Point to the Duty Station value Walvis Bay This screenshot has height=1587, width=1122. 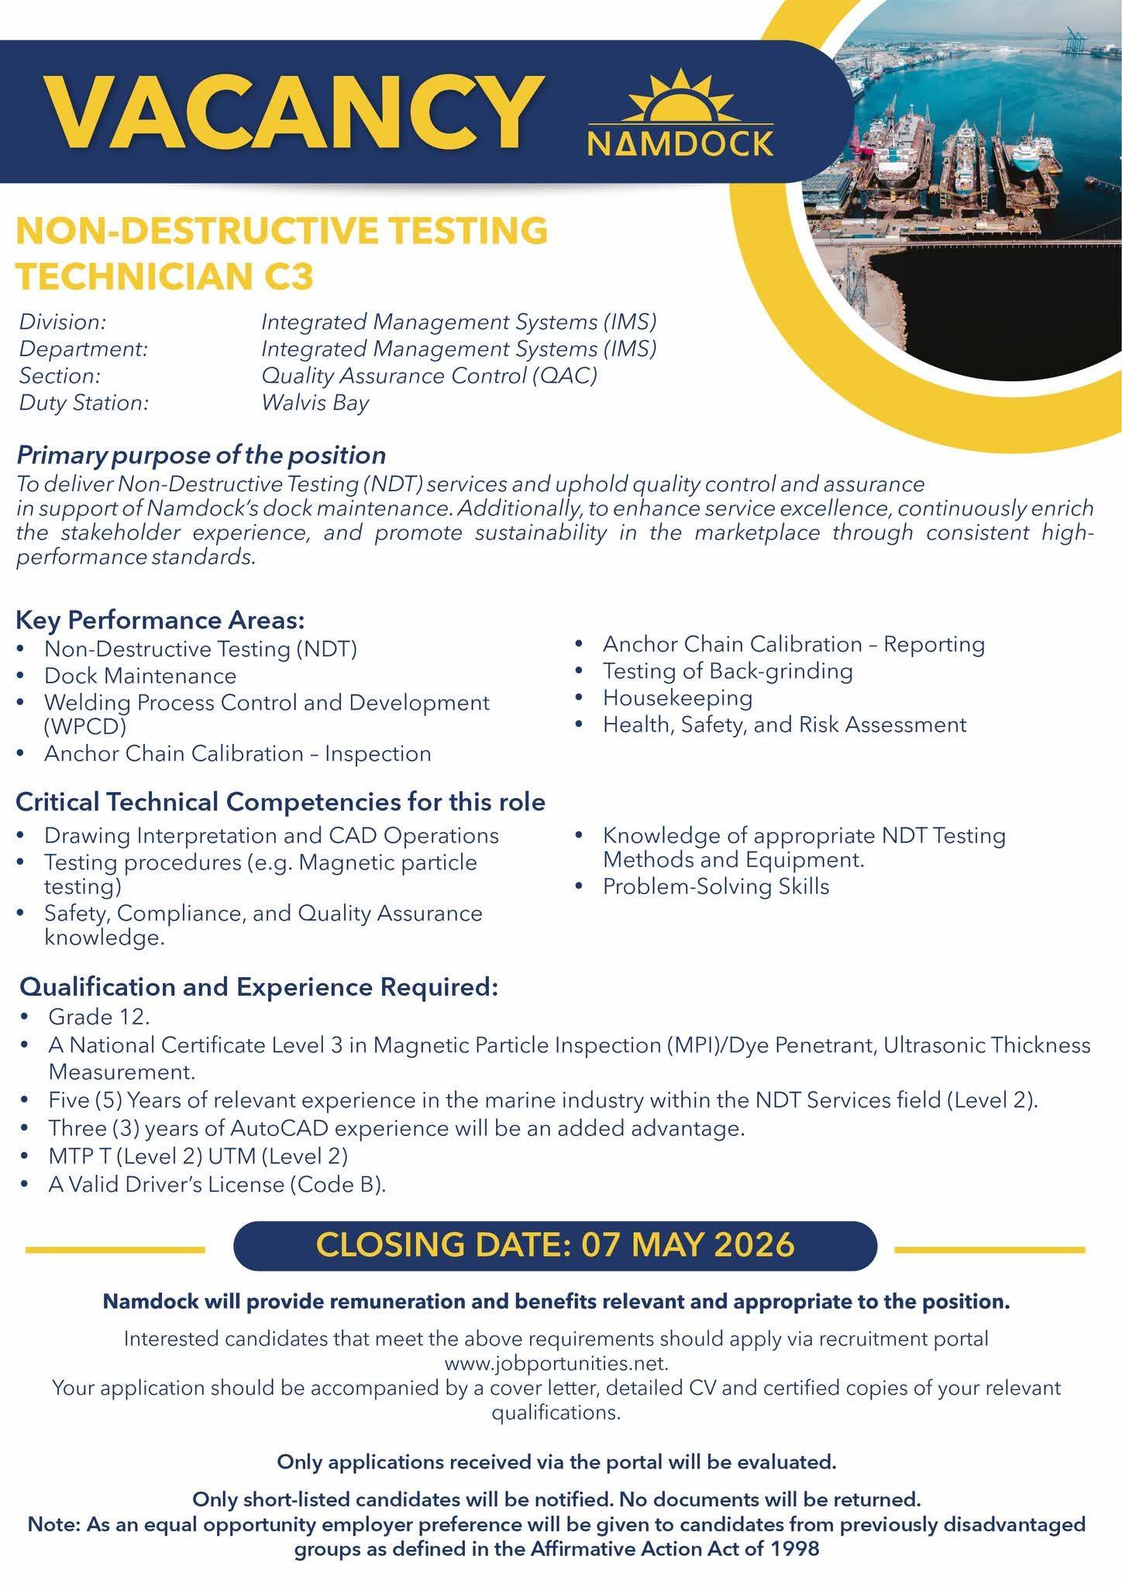point(315,403)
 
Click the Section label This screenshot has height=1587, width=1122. point(60,376)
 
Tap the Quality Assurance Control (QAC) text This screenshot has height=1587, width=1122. point(429,376)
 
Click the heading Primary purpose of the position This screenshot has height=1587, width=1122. point(201,454)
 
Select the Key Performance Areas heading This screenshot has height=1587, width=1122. point(160,620)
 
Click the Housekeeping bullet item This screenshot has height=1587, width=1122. point(677,697)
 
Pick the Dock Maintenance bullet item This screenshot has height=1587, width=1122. point(139,676)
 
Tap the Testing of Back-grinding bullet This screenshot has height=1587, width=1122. point(727,671)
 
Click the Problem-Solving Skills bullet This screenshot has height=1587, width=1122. point(715,886)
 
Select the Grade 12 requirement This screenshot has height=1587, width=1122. point(98,1016)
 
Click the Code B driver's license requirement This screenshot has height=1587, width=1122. point(216,1184)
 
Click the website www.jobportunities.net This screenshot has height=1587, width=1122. point(556,1362)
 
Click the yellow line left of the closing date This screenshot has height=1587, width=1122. point(115,1249)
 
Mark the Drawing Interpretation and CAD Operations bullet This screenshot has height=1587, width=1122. point(270,835)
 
